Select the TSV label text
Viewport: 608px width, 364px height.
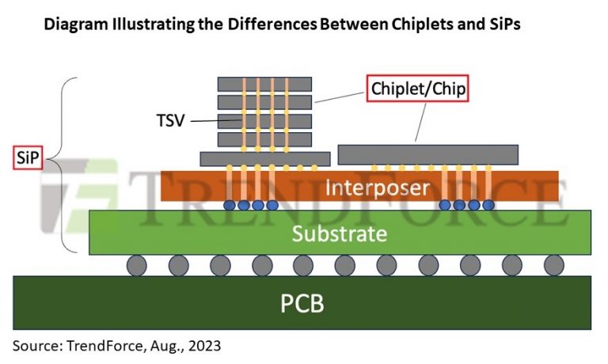coord(171,121)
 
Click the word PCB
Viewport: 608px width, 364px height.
coord(302,302)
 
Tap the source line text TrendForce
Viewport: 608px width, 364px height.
coord(97,345)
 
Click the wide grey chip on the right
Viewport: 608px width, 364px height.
coord(427,154)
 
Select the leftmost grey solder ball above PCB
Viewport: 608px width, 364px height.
coord(137,265)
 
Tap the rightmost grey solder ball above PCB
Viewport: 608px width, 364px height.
coord(554,265)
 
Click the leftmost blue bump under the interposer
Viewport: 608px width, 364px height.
coord(230,205)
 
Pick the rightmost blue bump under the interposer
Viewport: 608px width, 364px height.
coord(488,205)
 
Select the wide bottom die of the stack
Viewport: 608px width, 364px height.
coord(264,158)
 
